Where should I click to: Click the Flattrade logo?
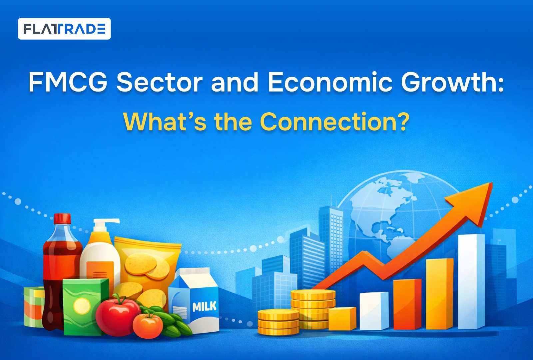click(64, 29)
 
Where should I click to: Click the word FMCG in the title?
click(68, 82)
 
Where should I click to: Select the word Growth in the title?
click(452, 82)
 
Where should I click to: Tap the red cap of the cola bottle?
click(62, 219)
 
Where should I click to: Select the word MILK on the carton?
click(205, 306)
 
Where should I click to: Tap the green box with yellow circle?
click(85, 307)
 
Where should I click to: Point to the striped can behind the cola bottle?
click(34, 307)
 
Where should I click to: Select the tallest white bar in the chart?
click(471, 282)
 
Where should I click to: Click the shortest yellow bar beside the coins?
click(342, 319)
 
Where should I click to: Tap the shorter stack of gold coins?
click(278, 322)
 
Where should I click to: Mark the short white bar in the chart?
click(374, 311)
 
